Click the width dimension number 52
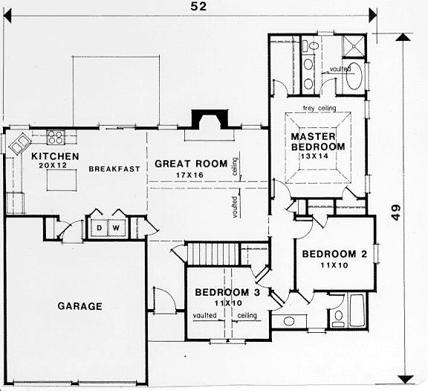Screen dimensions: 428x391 click(x=198, y=6)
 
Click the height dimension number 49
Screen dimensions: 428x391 click(x=396, y=212)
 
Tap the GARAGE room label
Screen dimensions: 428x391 click(x=80, y=306)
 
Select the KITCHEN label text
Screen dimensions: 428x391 click(x=55, y=156)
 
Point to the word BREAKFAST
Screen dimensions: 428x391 click(x=114, y=169)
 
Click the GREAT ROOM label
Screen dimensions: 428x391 click(x=191, y=164)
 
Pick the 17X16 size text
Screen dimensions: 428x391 click(x=189, y=175)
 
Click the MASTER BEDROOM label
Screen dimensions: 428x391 click(x=318, y=142)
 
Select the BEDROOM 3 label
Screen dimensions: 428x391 click(x=227, y=292)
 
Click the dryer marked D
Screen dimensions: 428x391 click(x=99, y=228)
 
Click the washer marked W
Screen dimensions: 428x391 click(x=117, y=228)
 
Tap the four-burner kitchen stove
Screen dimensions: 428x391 click(x=56, y=137)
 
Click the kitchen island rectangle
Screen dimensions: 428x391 click(x=62, y=180)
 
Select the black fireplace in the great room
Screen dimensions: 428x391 click(x=210, y=119)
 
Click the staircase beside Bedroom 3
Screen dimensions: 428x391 click(x=213, y=254)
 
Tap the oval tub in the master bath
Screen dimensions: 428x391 click(x=354, y=77)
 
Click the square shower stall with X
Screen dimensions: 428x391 click(x=354, y=46)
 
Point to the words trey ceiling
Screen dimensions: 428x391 click(x=320, y=108)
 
